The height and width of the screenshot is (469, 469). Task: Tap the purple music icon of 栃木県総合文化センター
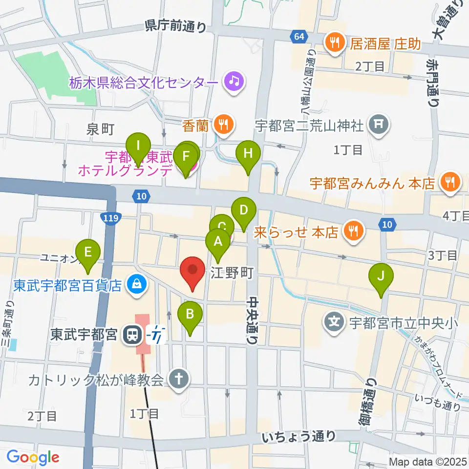coord(234,81)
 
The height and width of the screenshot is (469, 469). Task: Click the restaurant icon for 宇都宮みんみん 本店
coord(449,183)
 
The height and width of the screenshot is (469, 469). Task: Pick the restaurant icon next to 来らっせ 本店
coord(352,231)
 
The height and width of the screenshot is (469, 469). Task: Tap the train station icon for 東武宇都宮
coord(131,335)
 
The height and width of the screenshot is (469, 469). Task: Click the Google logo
coord(33,457)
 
